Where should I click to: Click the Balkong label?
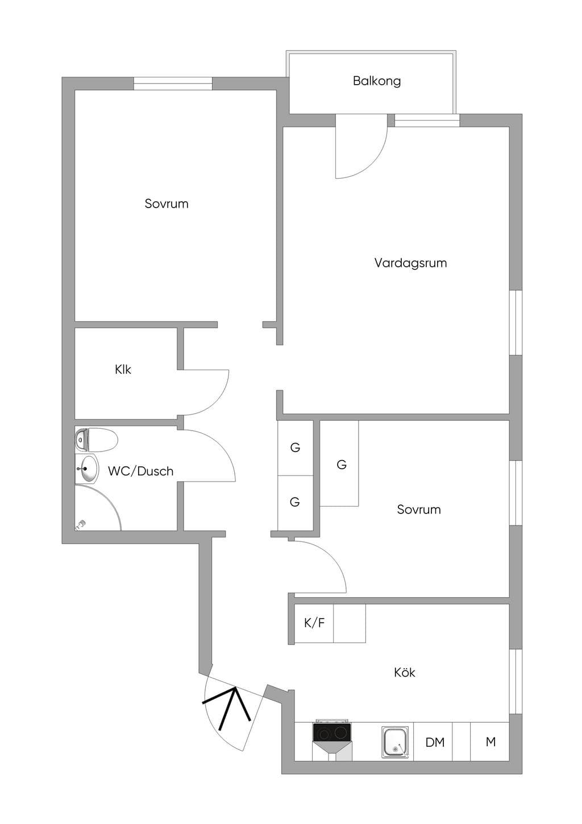coord(376,81)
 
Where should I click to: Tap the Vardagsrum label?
coord(411,263)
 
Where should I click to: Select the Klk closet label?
coord(123,369)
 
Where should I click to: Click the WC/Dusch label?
coord(140,471)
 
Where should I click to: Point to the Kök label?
coord(405,672)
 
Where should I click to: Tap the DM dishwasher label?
coord(435,742)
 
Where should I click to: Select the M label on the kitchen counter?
coord(490,742)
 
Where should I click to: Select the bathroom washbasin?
coord(87,469)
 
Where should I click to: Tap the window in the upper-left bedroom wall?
coord(173,84)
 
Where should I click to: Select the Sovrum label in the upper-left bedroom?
coord(167,204)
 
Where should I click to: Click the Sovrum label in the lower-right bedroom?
coord(419,510)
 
